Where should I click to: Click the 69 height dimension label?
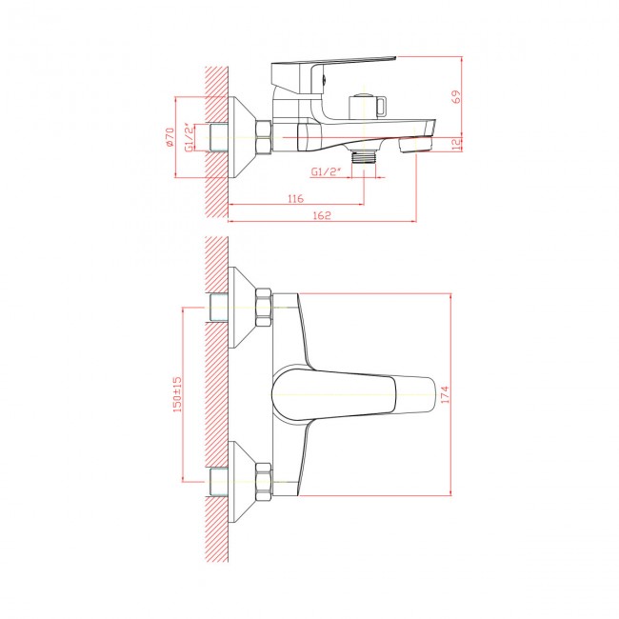coord(456,97)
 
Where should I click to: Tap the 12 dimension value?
coord(456,145)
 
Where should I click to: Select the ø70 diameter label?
coord(170,137)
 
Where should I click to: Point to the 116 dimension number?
coord(295,199)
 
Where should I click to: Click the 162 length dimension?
coord(322,215)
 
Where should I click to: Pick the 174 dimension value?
coord(445,394)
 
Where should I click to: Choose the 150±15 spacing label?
coord(177,394)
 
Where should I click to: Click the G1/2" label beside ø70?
coord(190,137)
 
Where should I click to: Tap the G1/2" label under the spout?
coord(326,171)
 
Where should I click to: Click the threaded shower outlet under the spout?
coord(364,157)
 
